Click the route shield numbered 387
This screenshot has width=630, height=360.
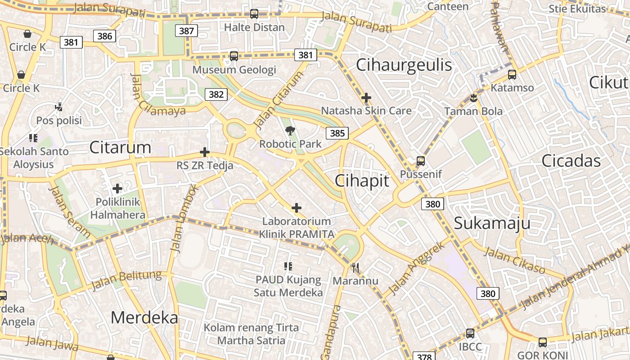pyautogui.click(x=186, y=31)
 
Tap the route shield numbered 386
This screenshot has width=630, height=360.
pyautogui.click(x=104, y=36)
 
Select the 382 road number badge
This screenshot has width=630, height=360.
pyautogui.click(x=216, y=94)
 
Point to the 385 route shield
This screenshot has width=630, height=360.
pyautogui.click(x=337, y=133)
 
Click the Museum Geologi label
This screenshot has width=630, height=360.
pyautogui.click(x=234, y=70)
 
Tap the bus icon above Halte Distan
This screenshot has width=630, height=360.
pyautogui.click(x=254, y=14)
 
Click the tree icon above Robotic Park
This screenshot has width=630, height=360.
pyautogui.click(x=290, y=130)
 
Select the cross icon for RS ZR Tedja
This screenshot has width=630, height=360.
pyautogui.click(x=205, y=152)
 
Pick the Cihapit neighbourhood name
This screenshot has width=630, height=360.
pyautogui.click(x=362, y=180)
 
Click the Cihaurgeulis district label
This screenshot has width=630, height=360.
pyautogui.click(x=404, y=65)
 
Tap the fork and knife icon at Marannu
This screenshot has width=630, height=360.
pyautogui.click(x=355, y=268)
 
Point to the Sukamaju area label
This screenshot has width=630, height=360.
pyautogui.click(x=492, y=223)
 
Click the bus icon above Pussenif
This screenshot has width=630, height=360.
pyautogui.click(x=421, y=161)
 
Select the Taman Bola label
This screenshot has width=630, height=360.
pyautogui.click(x=473, y=111)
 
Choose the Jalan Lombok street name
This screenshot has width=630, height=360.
pyautogui.click(x=183, y=218)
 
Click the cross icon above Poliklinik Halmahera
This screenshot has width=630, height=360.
pyautogui.click(x=117, y=188)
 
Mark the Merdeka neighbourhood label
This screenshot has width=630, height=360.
pyautogui.click(x=144, y=318)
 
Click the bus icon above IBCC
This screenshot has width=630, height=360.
pyautogui.click(x=470, y=333)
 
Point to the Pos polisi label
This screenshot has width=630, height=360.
pyautogui.click(x=59, y=121)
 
